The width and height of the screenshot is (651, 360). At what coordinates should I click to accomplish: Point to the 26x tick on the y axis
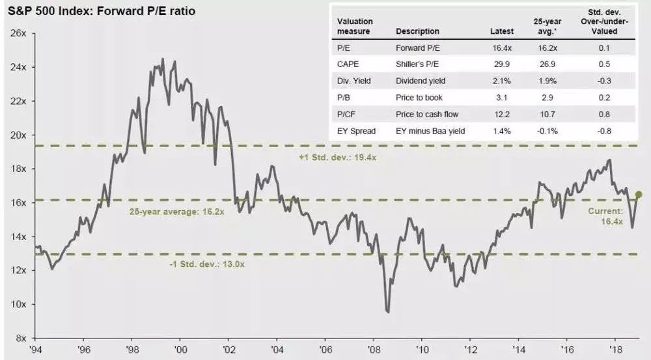[x=17, y=33]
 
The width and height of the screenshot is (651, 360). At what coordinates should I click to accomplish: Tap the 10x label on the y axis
[x=17, y=305]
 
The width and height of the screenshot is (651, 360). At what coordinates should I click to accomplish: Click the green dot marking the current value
[x=639, y=194]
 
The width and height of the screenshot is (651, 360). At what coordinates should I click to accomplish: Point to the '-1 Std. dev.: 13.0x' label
[x=206, y=264]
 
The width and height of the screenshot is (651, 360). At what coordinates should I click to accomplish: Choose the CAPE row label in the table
[x=348, y=64]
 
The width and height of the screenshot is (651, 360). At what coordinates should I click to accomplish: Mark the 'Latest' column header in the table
[x=501, y=31]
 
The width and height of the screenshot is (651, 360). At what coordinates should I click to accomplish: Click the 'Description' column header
[x=417, y=31]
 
